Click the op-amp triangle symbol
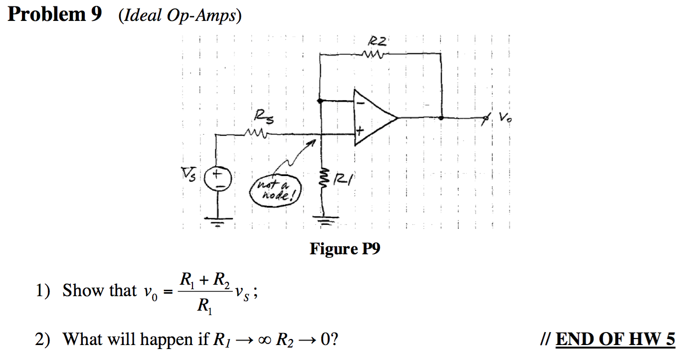[373, 118]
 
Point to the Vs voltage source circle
[218, 179]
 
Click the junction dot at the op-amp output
[441, 118]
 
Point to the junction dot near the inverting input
[320, 101]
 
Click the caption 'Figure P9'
[345, 248]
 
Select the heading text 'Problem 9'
[55, 15]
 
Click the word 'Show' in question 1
[80, 290]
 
